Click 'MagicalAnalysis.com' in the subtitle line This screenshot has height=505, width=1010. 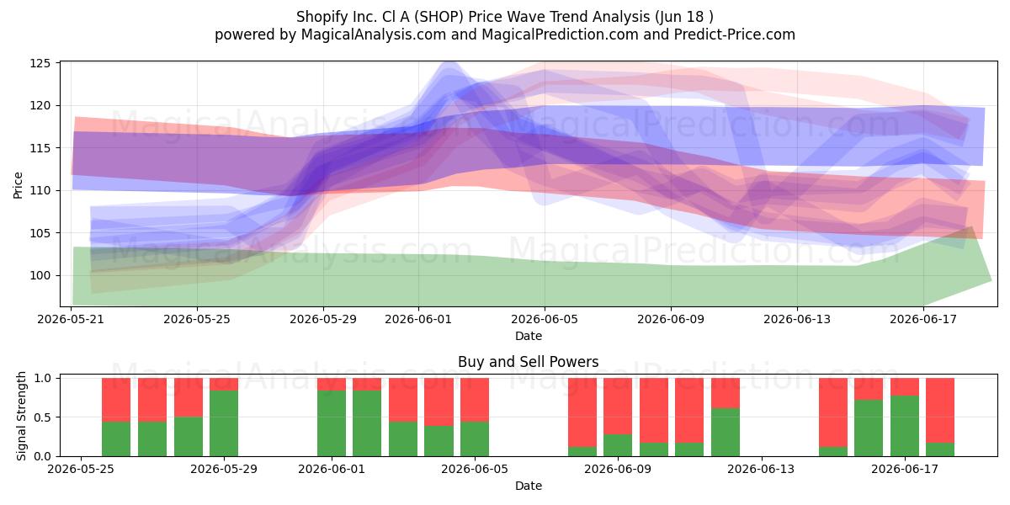tap(374, 35)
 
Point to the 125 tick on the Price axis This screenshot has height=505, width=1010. tap(40, 63)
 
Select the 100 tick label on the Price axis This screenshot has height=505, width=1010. tap(40, 275)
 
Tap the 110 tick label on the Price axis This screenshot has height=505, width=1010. tap(40, 191)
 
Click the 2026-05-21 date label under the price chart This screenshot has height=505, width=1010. tap(71, 319)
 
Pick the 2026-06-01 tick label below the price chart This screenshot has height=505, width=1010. tap(418, 319)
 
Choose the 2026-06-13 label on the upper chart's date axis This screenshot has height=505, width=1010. tap(797, 319)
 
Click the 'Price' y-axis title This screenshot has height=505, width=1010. tap(18, 185)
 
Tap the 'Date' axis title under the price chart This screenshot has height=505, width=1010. tap(529, 336)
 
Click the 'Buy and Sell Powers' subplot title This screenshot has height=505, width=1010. tap(529, 362)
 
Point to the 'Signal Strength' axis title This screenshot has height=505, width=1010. tap(21, 416)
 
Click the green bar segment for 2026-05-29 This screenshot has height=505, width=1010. tap(224, 423)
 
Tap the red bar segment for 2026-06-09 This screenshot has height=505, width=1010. tap(618, 407)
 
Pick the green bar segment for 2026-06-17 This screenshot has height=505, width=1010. tap(905, 426)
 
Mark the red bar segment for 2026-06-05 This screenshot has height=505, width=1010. tap(475, 400)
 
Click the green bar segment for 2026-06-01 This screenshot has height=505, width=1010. tap(332, 423)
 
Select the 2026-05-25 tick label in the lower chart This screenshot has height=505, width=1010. tap(81, 470)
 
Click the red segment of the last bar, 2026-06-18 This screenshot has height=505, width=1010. tap(940, 411)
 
